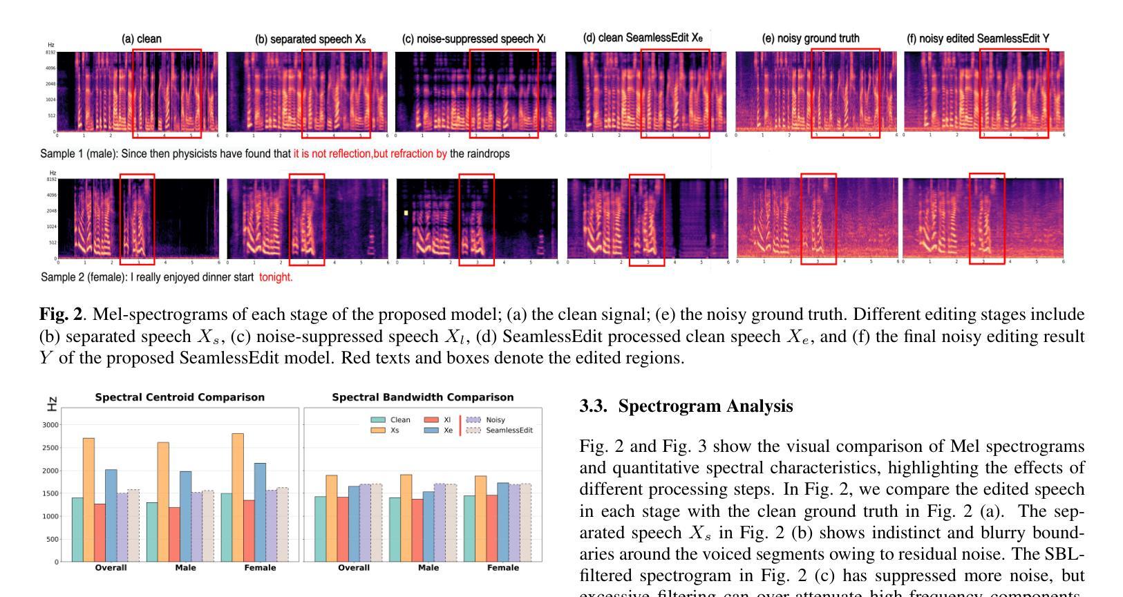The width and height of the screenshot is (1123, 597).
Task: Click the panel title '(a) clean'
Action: click(142, 39)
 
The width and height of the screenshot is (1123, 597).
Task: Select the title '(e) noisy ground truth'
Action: click(811, 39)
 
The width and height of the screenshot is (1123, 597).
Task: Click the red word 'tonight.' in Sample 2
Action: click(276, 277)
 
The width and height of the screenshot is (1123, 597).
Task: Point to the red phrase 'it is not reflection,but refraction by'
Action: click(370, 153)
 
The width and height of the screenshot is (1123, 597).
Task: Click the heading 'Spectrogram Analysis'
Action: click(706, 406)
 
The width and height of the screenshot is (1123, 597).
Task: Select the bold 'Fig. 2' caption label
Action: click(61, 314)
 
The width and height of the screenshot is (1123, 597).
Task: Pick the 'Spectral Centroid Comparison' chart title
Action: click(180, 397)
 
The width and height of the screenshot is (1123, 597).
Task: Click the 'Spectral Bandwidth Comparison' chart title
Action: click(423, 397)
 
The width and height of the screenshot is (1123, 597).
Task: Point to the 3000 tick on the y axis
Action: click(50, 425)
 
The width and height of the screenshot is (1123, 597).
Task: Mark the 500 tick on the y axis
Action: click(53, 539)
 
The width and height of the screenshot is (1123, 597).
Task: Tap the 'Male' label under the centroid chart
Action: click(185, 568)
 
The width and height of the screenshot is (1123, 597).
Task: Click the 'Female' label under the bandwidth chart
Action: click(502, 568)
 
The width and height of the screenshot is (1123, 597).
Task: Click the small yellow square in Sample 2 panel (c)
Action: click(406, 213)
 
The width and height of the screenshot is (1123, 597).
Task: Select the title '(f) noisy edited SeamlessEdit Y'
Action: click(978, 39)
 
